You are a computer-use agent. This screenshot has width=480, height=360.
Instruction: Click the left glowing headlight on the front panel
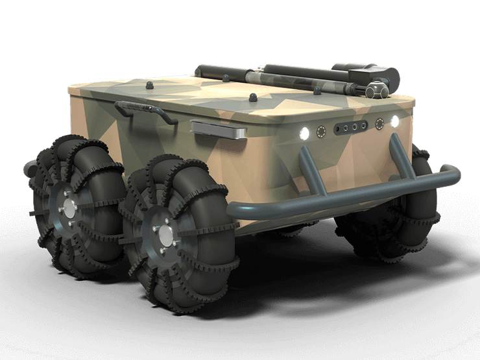303,133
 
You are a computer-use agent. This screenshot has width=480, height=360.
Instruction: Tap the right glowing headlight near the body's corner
394,121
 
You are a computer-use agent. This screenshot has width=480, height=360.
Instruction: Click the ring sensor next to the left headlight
320,132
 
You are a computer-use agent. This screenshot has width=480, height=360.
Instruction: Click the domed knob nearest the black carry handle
149,84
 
